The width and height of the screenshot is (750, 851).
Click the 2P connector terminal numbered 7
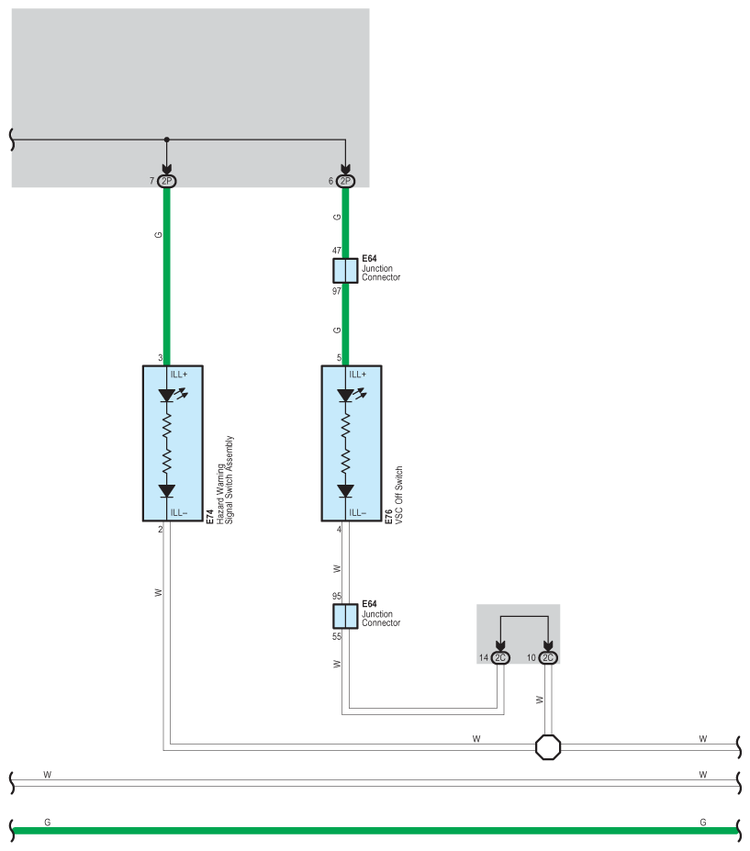click(166, 181)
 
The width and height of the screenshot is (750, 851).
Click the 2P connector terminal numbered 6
click(345, 181)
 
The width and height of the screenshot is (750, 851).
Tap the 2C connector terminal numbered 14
click(501, 657)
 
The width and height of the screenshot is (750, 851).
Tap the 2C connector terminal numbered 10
click(547, 657)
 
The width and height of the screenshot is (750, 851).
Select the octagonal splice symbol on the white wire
click(548, 746)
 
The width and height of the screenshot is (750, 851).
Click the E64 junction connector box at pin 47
click(345, 270)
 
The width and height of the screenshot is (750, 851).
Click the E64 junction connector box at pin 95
click(345, 615)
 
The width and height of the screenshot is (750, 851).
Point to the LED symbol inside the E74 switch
click(167, 396)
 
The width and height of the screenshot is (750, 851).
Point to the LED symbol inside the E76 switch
click(346, 396)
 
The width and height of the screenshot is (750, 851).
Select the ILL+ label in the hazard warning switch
click(178, 375)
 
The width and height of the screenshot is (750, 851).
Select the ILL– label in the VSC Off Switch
click(357, 512)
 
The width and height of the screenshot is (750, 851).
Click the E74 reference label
click(210, 518)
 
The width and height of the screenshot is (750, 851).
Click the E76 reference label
click(389, 518)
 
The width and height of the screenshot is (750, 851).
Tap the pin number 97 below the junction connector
click(336, 291)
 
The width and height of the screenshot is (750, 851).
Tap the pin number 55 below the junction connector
click(336, 635)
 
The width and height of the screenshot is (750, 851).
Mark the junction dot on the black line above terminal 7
click(166, 140)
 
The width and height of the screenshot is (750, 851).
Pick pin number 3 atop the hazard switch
click(160, 358)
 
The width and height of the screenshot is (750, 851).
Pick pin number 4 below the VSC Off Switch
click(339, 530)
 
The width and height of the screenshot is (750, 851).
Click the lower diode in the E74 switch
click(167, 491)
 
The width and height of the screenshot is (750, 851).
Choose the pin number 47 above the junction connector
click(336, 250)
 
